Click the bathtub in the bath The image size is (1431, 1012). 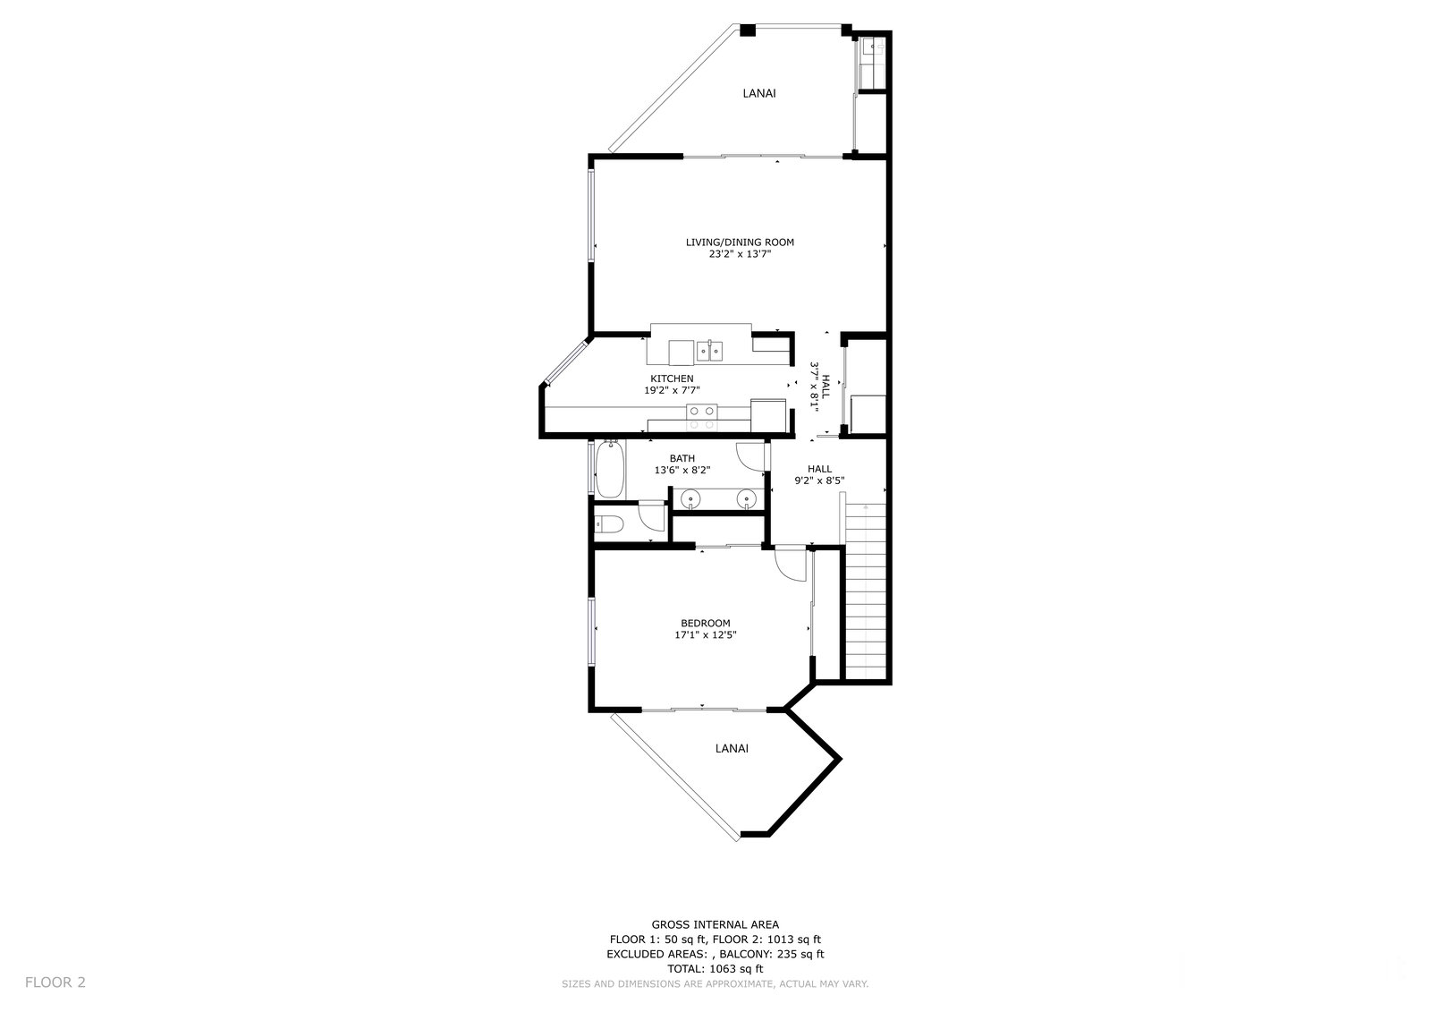point(609,469)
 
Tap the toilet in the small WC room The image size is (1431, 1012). point(608,524)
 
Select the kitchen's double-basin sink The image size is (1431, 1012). point(709,351)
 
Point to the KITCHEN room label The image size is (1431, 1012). point(672,378)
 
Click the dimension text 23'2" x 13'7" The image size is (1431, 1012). point(740,254)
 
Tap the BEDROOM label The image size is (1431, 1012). point(706,623)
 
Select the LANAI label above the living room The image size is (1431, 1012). point(759,93)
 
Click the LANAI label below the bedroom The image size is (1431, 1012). point(732,748)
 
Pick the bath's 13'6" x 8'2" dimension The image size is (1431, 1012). point(682,470)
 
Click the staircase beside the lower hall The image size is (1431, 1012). point(866,591)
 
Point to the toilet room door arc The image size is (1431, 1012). point(652,517)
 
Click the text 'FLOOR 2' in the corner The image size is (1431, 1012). point(55,982)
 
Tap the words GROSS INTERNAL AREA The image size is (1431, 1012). point(715,923)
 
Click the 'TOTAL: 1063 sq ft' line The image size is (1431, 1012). point(715,968)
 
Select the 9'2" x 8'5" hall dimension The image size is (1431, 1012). point(819,480)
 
